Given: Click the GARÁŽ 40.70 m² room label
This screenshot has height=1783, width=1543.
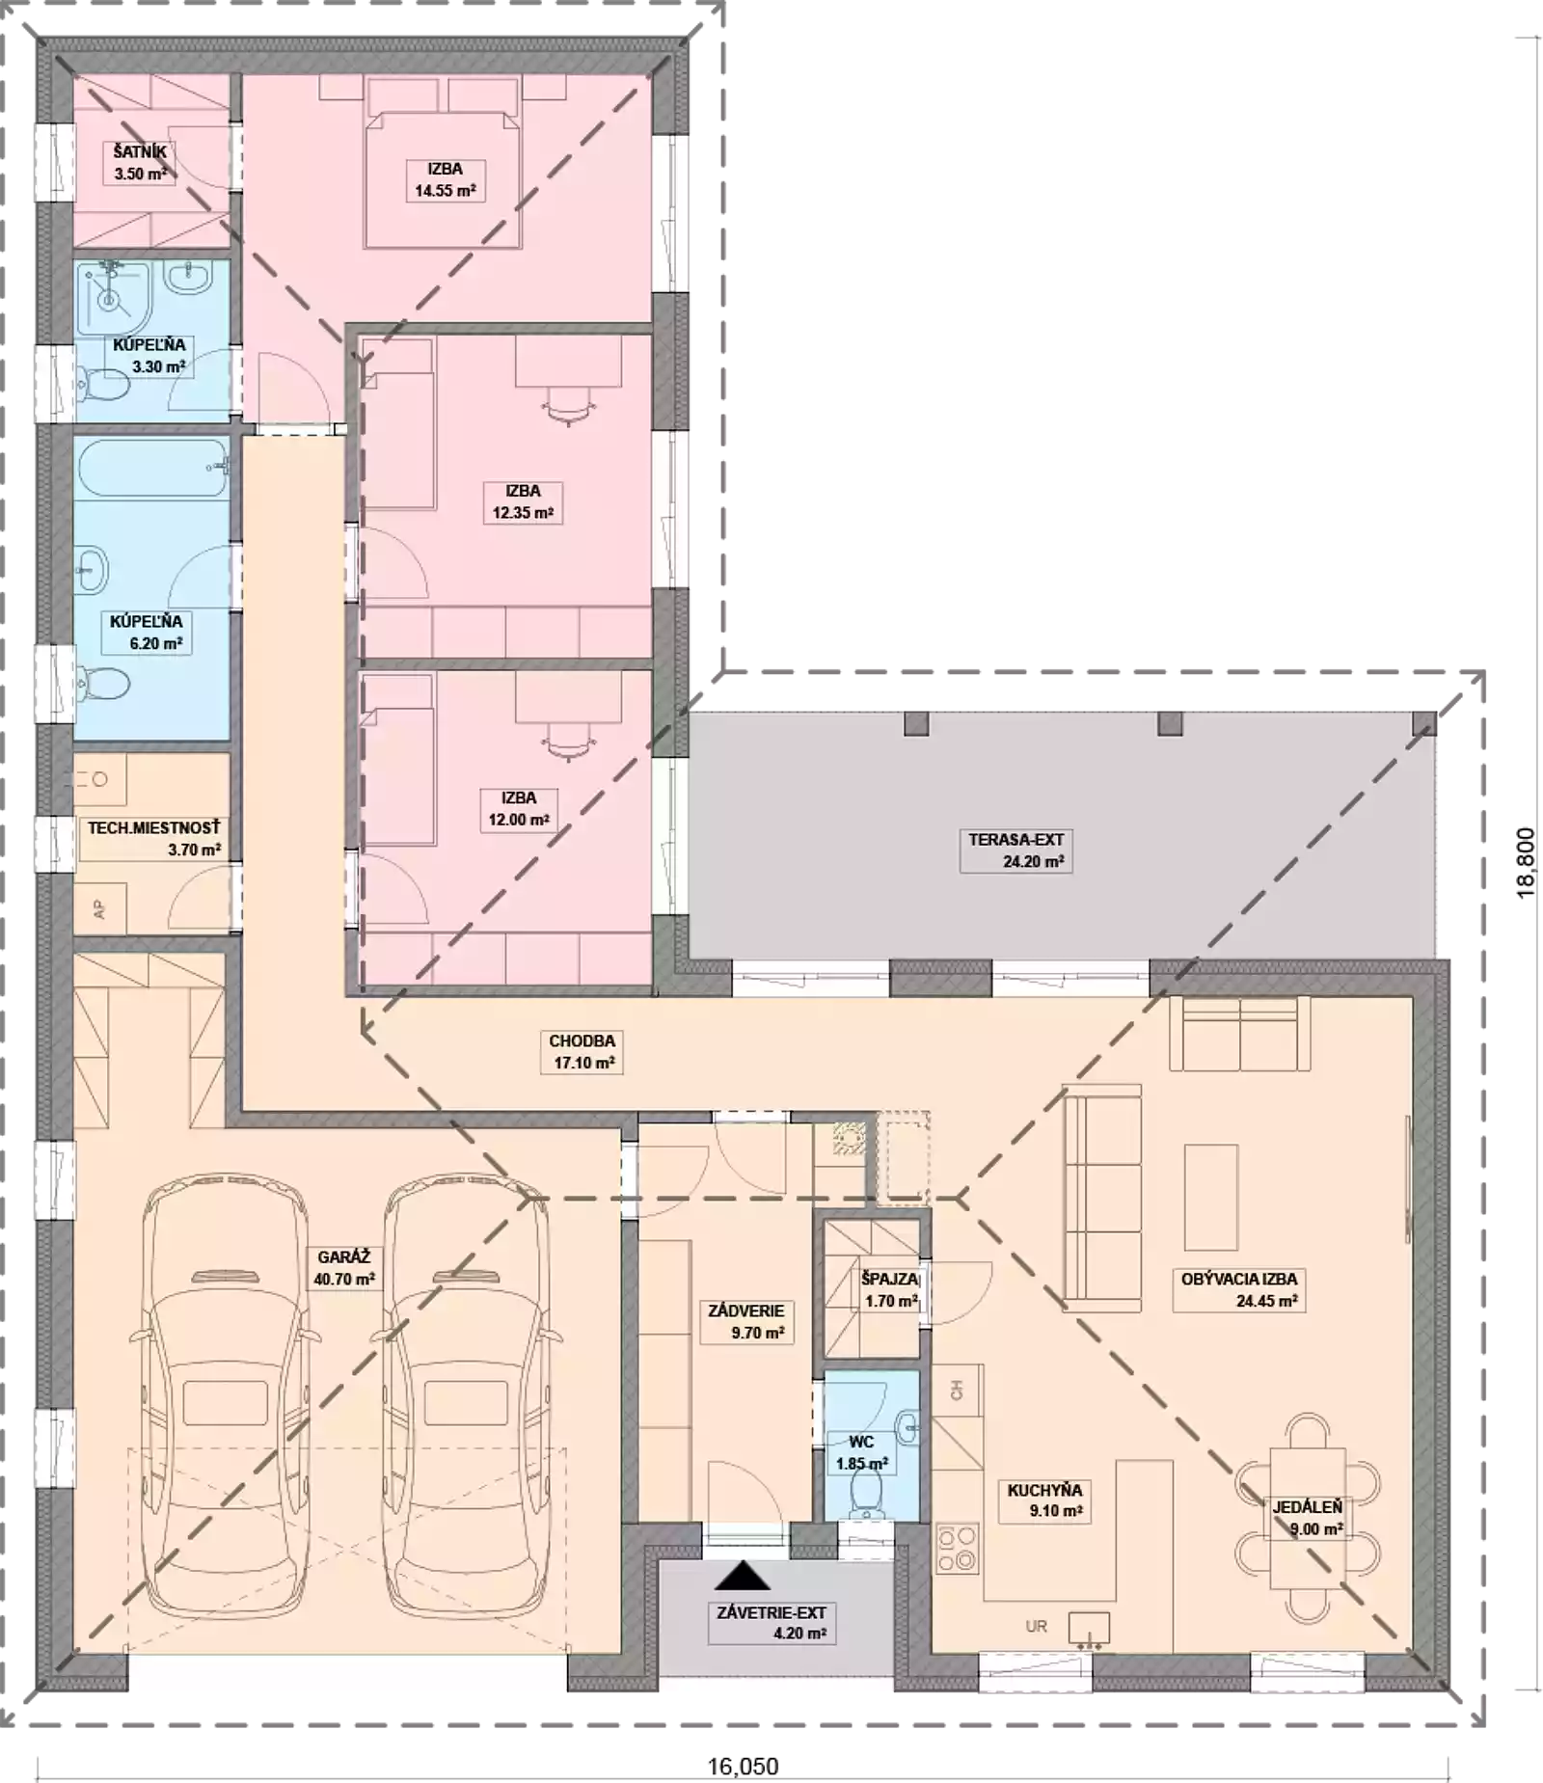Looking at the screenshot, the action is click(x=344, y=1268).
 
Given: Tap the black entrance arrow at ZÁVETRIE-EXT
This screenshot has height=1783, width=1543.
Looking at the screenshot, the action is click(x=743, y=1575).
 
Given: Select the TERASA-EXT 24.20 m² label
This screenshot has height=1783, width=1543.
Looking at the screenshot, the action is click(x=1015, y=851).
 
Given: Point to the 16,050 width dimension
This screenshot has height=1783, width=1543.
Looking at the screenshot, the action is click(x=743, y=1766).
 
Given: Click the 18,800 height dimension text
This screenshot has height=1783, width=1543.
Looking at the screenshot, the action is click(x=1526, y=863).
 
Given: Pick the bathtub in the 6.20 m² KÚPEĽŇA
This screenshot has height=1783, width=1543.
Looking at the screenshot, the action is click(x=152, y=468).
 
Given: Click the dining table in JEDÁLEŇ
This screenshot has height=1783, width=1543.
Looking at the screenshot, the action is click(x=1307, y=1517).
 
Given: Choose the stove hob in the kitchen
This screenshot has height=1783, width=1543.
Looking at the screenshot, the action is click(x=958, y=1547).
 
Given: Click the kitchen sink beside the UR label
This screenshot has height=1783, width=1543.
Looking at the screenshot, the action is click(x=1088, y=1628).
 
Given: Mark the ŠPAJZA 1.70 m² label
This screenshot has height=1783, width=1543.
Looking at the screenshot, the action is click(x=890, y=1290).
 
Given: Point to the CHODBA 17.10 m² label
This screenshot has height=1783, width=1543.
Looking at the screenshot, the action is click(x=582, y=1052).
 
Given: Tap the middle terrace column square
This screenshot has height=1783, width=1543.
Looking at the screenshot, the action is click(x=1169, y=723).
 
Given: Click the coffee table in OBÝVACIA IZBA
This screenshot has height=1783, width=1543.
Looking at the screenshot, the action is click(x=1210, y=1197).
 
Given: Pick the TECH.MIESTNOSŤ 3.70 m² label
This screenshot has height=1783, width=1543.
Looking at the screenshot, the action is click(x=154, y=839).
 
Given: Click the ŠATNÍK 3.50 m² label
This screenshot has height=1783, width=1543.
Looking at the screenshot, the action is click(x=140, y=163).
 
